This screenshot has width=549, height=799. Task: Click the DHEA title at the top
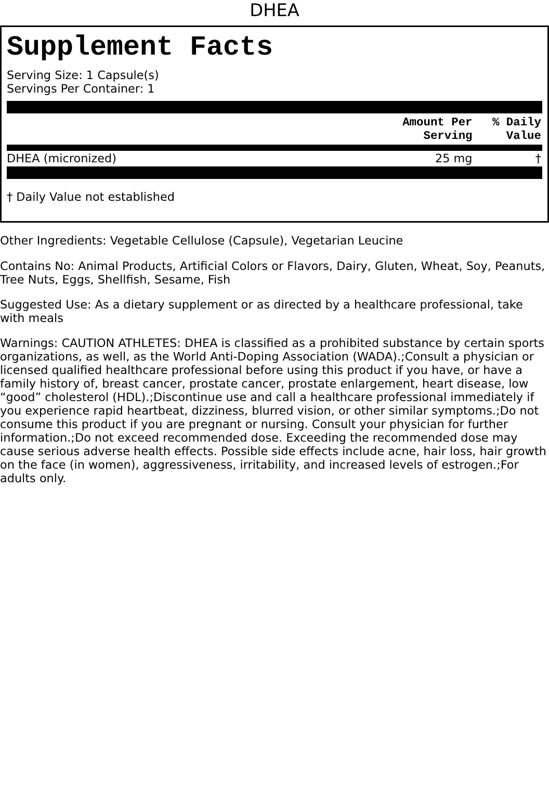click(x=274, y=10)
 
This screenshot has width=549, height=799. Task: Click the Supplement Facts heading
click(x=139, y=47)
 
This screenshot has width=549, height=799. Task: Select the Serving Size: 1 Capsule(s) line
click(x=83, y=75)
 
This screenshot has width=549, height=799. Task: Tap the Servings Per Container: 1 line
click(x=81, y=88)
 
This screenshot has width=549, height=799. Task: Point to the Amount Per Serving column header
click(x=437, y=128)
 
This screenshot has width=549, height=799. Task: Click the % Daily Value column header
click(x=517, y=128)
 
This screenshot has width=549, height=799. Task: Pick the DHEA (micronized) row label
click(x=61, y=158)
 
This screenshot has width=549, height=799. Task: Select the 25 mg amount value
click(x=453, y=158)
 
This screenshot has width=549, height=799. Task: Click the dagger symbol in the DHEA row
click(x=538, y=158)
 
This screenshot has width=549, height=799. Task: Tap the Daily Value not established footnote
click(x=90, y=197)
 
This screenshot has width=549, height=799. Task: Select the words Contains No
click(x=37, y=266)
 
